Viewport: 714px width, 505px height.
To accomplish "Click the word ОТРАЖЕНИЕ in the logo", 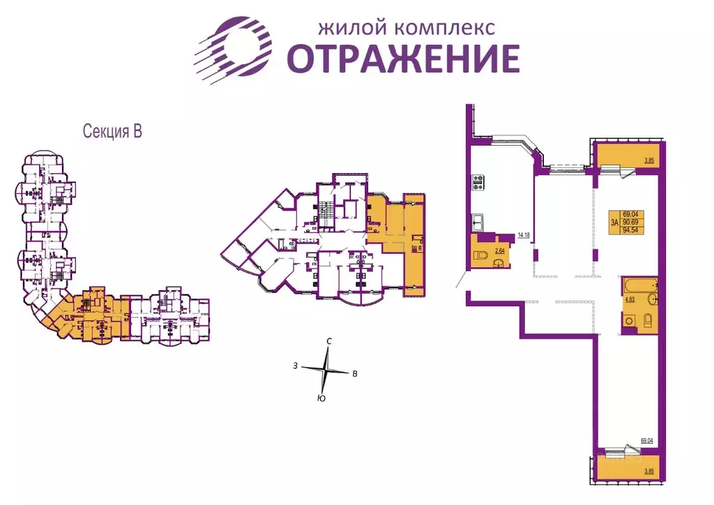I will tap(404, 59).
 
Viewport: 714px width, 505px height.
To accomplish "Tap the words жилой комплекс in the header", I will tap(406, 28).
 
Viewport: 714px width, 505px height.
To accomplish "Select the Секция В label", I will tap(112, 132).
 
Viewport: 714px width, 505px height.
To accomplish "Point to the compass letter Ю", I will tap(320, 398).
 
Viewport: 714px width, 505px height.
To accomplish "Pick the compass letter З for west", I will tap(296, 365).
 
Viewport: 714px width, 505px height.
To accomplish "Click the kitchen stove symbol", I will tap(479, 182).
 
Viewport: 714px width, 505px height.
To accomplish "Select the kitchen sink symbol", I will tap(479, 223).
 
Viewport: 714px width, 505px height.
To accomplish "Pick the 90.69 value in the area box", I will tap(632, 223).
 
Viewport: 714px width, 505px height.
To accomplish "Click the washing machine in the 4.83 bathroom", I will tap(629, 322).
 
